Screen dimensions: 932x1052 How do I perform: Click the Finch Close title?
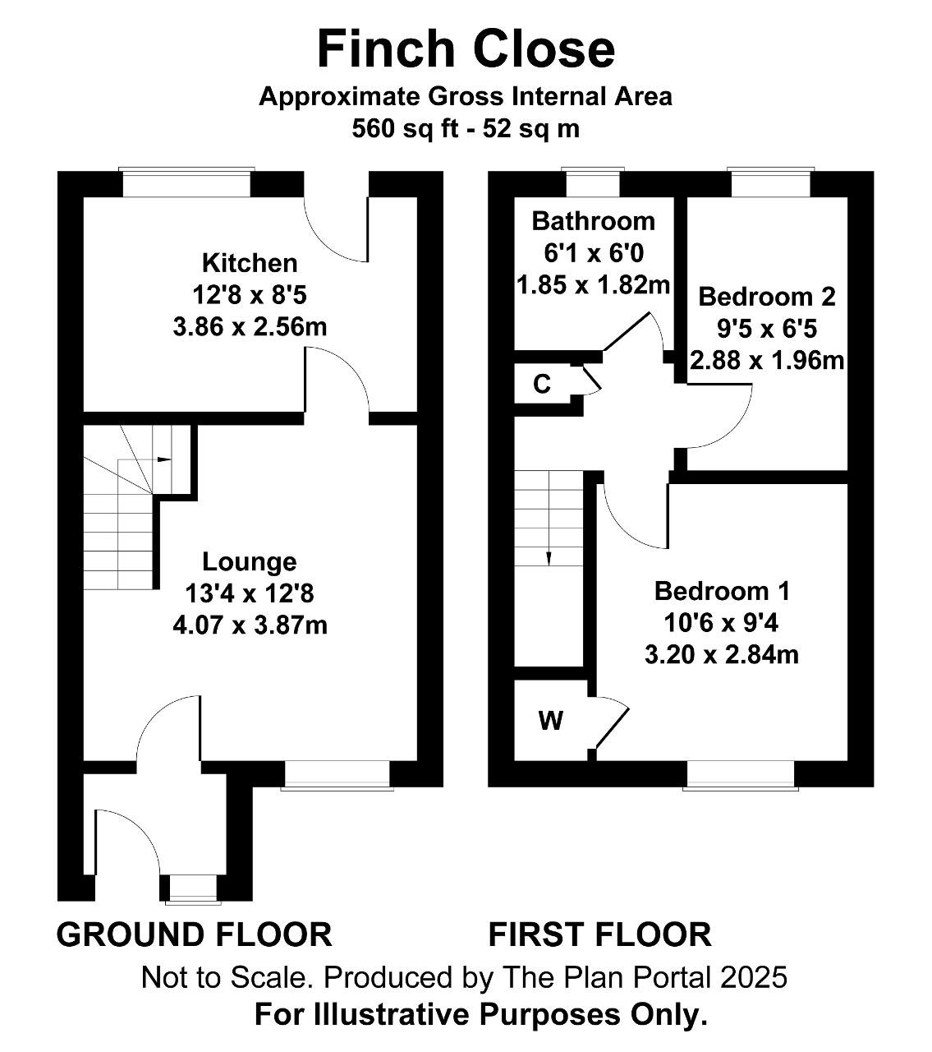(x=466, y=49)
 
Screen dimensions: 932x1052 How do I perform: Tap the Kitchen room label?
(x=250, y=263)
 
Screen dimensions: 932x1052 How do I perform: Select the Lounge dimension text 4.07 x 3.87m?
(x=250, y=625)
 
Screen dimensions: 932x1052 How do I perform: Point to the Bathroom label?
(x=593, y=222)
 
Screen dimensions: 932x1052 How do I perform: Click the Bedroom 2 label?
(x=767, y=297)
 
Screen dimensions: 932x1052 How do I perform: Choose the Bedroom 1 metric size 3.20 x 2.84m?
(x=721, y=655)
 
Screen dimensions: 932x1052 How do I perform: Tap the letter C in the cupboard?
(x=542, y=385)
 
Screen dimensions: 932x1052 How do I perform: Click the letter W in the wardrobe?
(x=551, y=721)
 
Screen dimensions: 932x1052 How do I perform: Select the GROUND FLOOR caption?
(x=194, y=934)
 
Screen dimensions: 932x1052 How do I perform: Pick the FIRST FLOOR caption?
(x=600, y=934)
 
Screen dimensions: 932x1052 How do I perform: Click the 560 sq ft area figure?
(x=406, y=128)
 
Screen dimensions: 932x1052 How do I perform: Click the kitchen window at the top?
(x=187, y=182)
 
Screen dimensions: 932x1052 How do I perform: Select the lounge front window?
(x=337, y=776)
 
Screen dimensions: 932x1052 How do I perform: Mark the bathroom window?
(x=593, y=182)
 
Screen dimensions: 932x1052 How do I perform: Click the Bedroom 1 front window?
(x=741, y=776)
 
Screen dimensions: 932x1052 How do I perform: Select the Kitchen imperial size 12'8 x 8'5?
(x=250, y=295)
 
